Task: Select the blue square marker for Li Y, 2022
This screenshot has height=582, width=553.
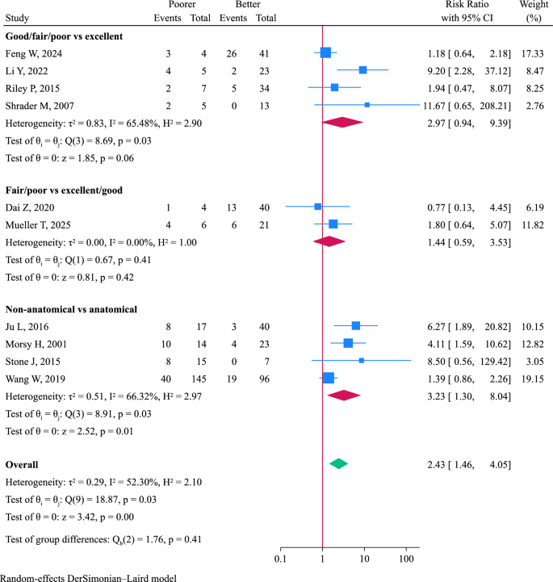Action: click(x=362, y=70)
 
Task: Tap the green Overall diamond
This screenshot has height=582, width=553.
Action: click(x=339, y=463)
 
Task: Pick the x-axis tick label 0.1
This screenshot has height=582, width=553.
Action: click(x=281, y=558)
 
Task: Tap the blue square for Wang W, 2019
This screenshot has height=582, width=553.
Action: click(x=328, y=377)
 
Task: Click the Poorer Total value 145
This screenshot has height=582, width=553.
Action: click(x=195, y=377)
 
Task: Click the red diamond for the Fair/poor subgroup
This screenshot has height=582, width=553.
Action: click(x=329, y=241)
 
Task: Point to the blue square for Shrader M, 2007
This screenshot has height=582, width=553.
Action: click(x=367, y=105)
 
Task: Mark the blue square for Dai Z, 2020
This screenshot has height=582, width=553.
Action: click(x=317, y=207)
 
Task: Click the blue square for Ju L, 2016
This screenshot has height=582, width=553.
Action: click(x=356, y=326)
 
